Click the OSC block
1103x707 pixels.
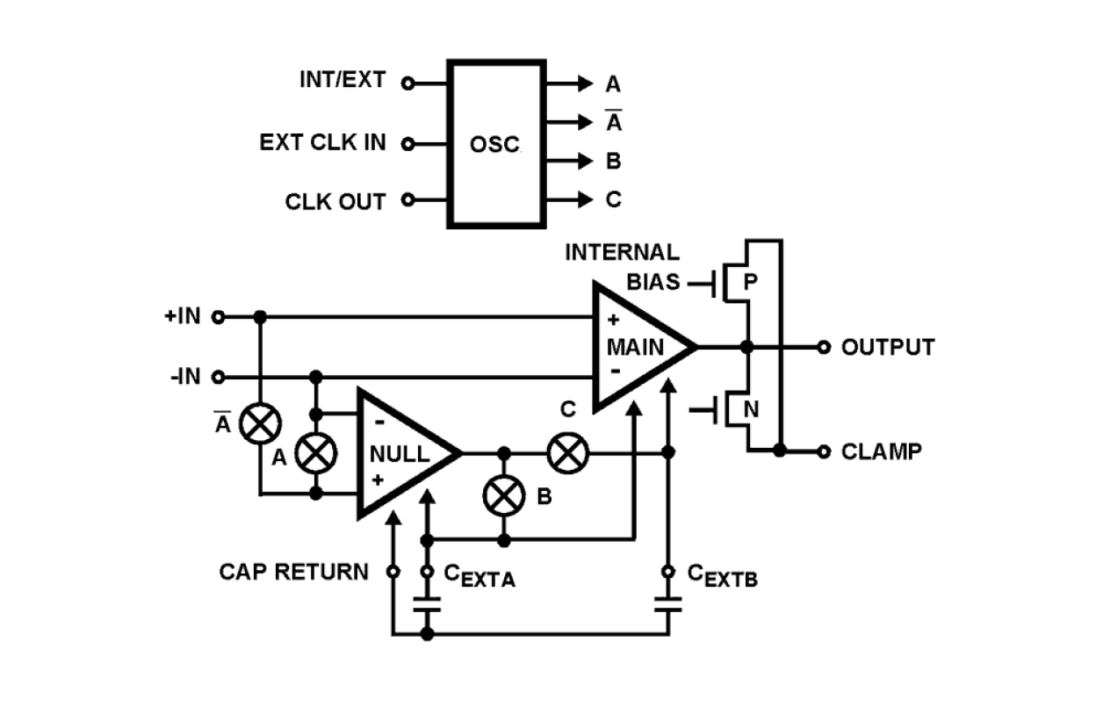coord(495,144)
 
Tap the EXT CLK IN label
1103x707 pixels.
coord(322,142)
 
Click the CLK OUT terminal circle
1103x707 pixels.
coord(407,200)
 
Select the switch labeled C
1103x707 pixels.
coord(567,453)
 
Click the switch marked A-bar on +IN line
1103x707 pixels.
coord(260,424)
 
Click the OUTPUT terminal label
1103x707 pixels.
coord(887,347)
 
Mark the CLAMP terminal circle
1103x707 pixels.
coord(823,451)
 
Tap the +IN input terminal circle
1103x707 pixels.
coord(219,316)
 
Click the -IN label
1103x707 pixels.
coord(185,378)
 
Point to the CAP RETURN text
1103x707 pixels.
coord(293,572)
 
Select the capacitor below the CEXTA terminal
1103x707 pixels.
coord(428,605)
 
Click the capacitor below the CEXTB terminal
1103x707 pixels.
coord(668,605)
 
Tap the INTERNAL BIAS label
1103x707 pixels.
coord(621,267)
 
